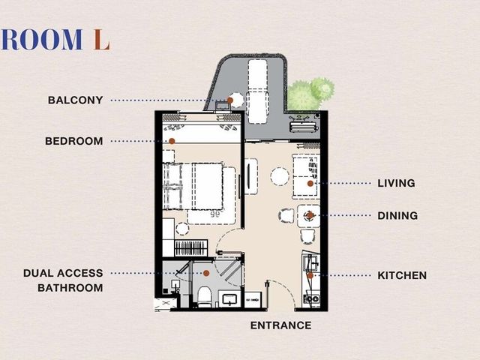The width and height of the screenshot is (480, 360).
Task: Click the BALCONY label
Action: (x=75, y=100)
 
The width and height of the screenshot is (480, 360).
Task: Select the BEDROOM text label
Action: (x=74, y=141)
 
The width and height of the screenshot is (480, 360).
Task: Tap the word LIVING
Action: (x=396, y=183)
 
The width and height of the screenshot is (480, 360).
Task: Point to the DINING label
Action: (x=397, y=215)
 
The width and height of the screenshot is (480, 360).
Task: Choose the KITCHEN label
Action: (x=402, y=275)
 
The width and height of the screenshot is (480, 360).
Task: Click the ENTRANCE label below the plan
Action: (x=280, y=325)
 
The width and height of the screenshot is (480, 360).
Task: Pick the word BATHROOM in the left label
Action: (x=70, y=288)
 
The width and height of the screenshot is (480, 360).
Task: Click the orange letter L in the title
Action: (x=102, y=40)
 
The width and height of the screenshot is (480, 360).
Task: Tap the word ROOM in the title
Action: (x=42, y=40)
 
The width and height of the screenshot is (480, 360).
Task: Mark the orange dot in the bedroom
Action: (x=172, y=141)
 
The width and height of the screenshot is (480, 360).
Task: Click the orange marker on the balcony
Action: (x=230, y=100)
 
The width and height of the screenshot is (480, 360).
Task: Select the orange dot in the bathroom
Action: (x=206, y=273)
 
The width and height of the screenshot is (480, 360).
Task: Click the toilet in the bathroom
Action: (x=205, y=297)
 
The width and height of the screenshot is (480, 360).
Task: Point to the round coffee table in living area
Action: (x=280, y=176)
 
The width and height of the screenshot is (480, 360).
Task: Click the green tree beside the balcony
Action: (x=310, y=94)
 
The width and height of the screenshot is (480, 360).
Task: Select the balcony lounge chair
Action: (x=257, y=91)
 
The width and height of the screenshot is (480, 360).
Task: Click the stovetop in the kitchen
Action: (x=311, y=299)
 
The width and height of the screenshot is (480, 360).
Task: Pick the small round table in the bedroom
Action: (x=182, y=229)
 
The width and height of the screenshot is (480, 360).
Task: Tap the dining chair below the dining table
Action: (x=307, y=237)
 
